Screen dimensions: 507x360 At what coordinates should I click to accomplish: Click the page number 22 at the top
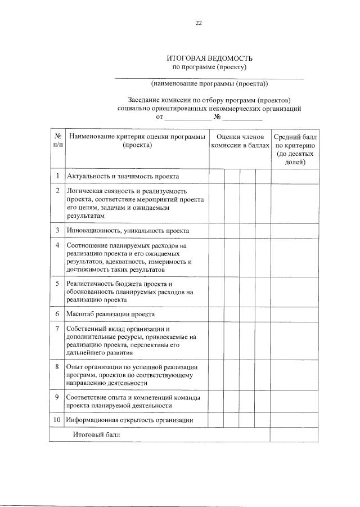[198, 23]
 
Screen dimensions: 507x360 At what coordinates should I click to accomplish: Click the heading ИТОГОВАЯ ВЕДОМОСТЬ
[209, 59]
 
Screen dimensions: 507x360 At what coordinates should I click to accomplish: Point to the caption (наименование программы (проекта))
[209, 84]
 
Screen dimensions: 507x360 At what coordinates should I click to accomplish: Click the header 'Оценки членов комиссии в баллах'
[240, 141]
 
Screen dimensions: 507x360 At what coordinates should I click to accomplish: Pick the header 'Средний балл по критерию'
[295, 149]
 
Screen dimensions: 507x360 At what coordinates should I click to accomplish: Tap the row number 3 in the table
[57, 230]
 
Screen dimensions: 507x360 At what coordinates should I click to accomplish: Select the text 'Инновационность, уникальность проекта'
[127, 231]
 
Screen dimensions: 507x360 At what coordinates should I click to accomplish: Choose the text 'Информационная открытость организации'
[129, 420]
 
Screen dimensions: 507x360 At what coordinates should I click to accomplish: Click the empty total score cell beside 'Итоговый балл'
[295, 435]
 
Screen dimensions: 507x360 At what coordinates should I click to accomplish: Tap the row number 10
[57, 420]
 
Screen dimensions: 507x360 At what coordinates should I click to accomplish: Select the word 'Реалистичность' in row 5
[90, 284]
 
